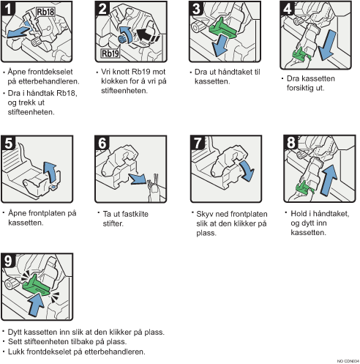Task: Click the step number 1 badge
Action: click(8, 8)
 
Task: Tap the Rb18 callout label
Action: click(45, 12)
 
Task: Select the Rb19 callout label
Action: click(110, 53)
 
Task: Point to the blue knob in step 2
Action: click(122, 39)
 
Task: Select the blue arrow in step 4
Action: click(327, 45)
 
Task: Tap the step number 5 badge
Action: click(8, 143)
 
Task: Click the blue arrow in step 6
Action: click(138, 179)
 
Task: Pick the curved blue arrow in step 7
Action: click(247, 170)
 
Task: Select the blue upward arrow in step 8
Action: click(329, 180)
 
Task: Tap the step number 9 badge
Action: click(8, 261)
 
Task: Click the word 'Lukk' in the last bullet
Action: click(16, 352)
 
